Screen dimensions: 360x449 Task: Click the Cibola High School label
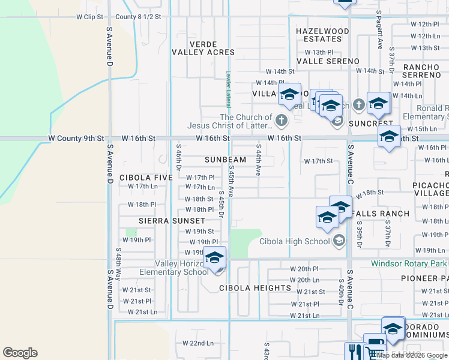click(x=295, y=241)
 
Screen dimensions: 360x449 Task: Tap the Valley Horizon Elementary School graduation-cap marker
click(x=214, y=258)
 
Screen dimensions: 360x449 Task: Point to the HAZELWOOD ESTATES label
click(x=322, y=35)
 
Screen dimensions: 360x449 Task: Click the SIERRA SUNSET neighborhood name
click(x=164, y=221)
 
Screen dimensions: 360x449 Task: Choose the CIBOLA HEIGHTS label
click(x=247, y=288)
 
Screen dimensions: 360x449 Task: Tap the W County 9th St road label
click(x=77, y=139)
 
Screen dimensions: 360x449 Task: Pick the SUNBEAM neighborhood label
click(x=225, y=160)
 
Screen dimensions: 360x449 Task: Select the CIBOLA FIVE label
click(x=142, y=178)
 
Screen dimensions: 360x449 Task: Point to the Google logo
click(x=20, y=353)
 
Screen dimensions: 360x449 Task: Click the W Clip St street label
click(x=90, y=17)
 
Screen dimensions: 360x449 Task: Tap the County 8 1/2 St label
click(x=138, y=17)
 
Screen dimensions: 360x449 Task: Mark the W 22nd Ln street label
click(x=198, y=343)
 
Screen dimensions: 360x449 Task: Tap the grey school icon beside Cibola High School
click(x=339, y=241)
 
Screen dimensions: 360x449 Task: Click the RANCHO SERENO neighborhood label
click(x=422, y=71)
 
